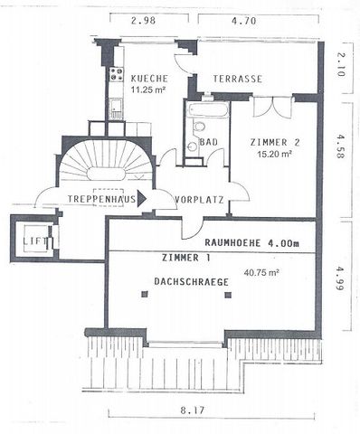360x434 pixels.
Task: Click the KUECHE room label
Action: pos(149,79)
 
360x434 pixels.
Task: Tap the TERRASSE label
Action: pos(238,79)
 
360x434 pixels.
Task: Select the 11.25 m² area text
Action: pos(149,90)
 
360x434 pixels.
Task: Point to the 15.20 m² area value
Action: pos(275,155)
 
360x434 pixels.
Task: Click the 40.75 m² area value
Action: pos(261,273)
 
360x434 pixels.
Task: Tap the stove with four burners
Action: pos(117,74)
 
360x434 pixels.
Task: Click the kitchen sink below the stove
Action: pos(116,108)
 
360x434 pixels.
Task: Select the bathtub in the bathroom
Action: pos(207,110)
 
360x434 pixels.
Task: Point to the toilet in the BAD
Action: pos(198,127)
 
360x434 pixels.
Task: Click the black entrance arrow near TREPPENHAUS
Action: pos(142,199)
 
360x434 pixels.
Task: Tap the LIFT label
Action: pos(35,241)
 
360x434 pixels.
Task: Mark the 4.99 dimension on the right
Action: pos(340,278)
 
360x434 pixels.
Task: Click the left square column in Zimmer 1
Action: pos(145,294)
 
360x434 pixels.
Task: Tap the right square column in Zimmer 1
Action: pos(228,295)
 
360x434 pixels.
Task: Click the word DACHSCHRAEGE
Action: pos(192,282)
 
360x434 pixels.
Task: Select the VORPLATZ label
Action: pos(199,200)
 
